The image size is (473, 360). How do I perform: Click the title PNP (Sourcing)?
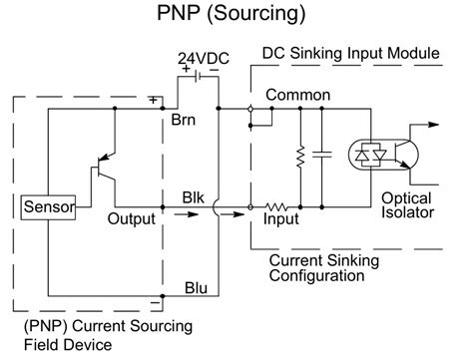pos(236,16)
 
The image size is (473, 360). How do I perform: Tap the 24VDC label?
pos(204,59)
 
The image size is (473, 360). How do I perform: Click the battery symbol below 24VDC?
pos(204,77)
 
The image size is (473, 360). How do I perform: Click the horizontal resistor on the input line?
pos(276,206)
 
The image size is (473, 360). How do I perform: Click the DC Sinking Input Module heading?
pos(349,51)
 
